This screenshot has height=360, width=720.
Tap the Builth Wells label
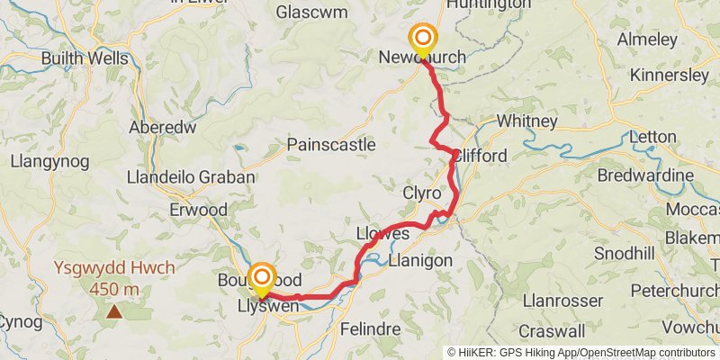point(85,58)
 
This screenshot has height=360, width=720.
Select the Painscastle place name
point(331,145)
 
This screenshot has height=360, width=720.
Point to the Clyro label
point(422,193)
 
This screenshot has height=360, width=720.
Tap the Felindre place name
point(370,329)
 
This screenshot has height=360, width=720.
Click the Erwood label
point(198,210)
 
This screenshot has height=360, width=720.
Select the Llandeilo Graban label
point(191,177)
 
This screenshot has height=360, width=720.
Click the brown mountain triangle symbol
point(114,312)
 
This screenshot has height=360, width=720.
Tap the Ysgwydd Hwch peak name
point(114,269)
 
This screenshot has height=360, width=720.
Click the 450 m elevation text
point(114,289)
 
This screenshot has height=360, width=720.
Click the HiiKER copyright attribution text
point(580,353)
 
